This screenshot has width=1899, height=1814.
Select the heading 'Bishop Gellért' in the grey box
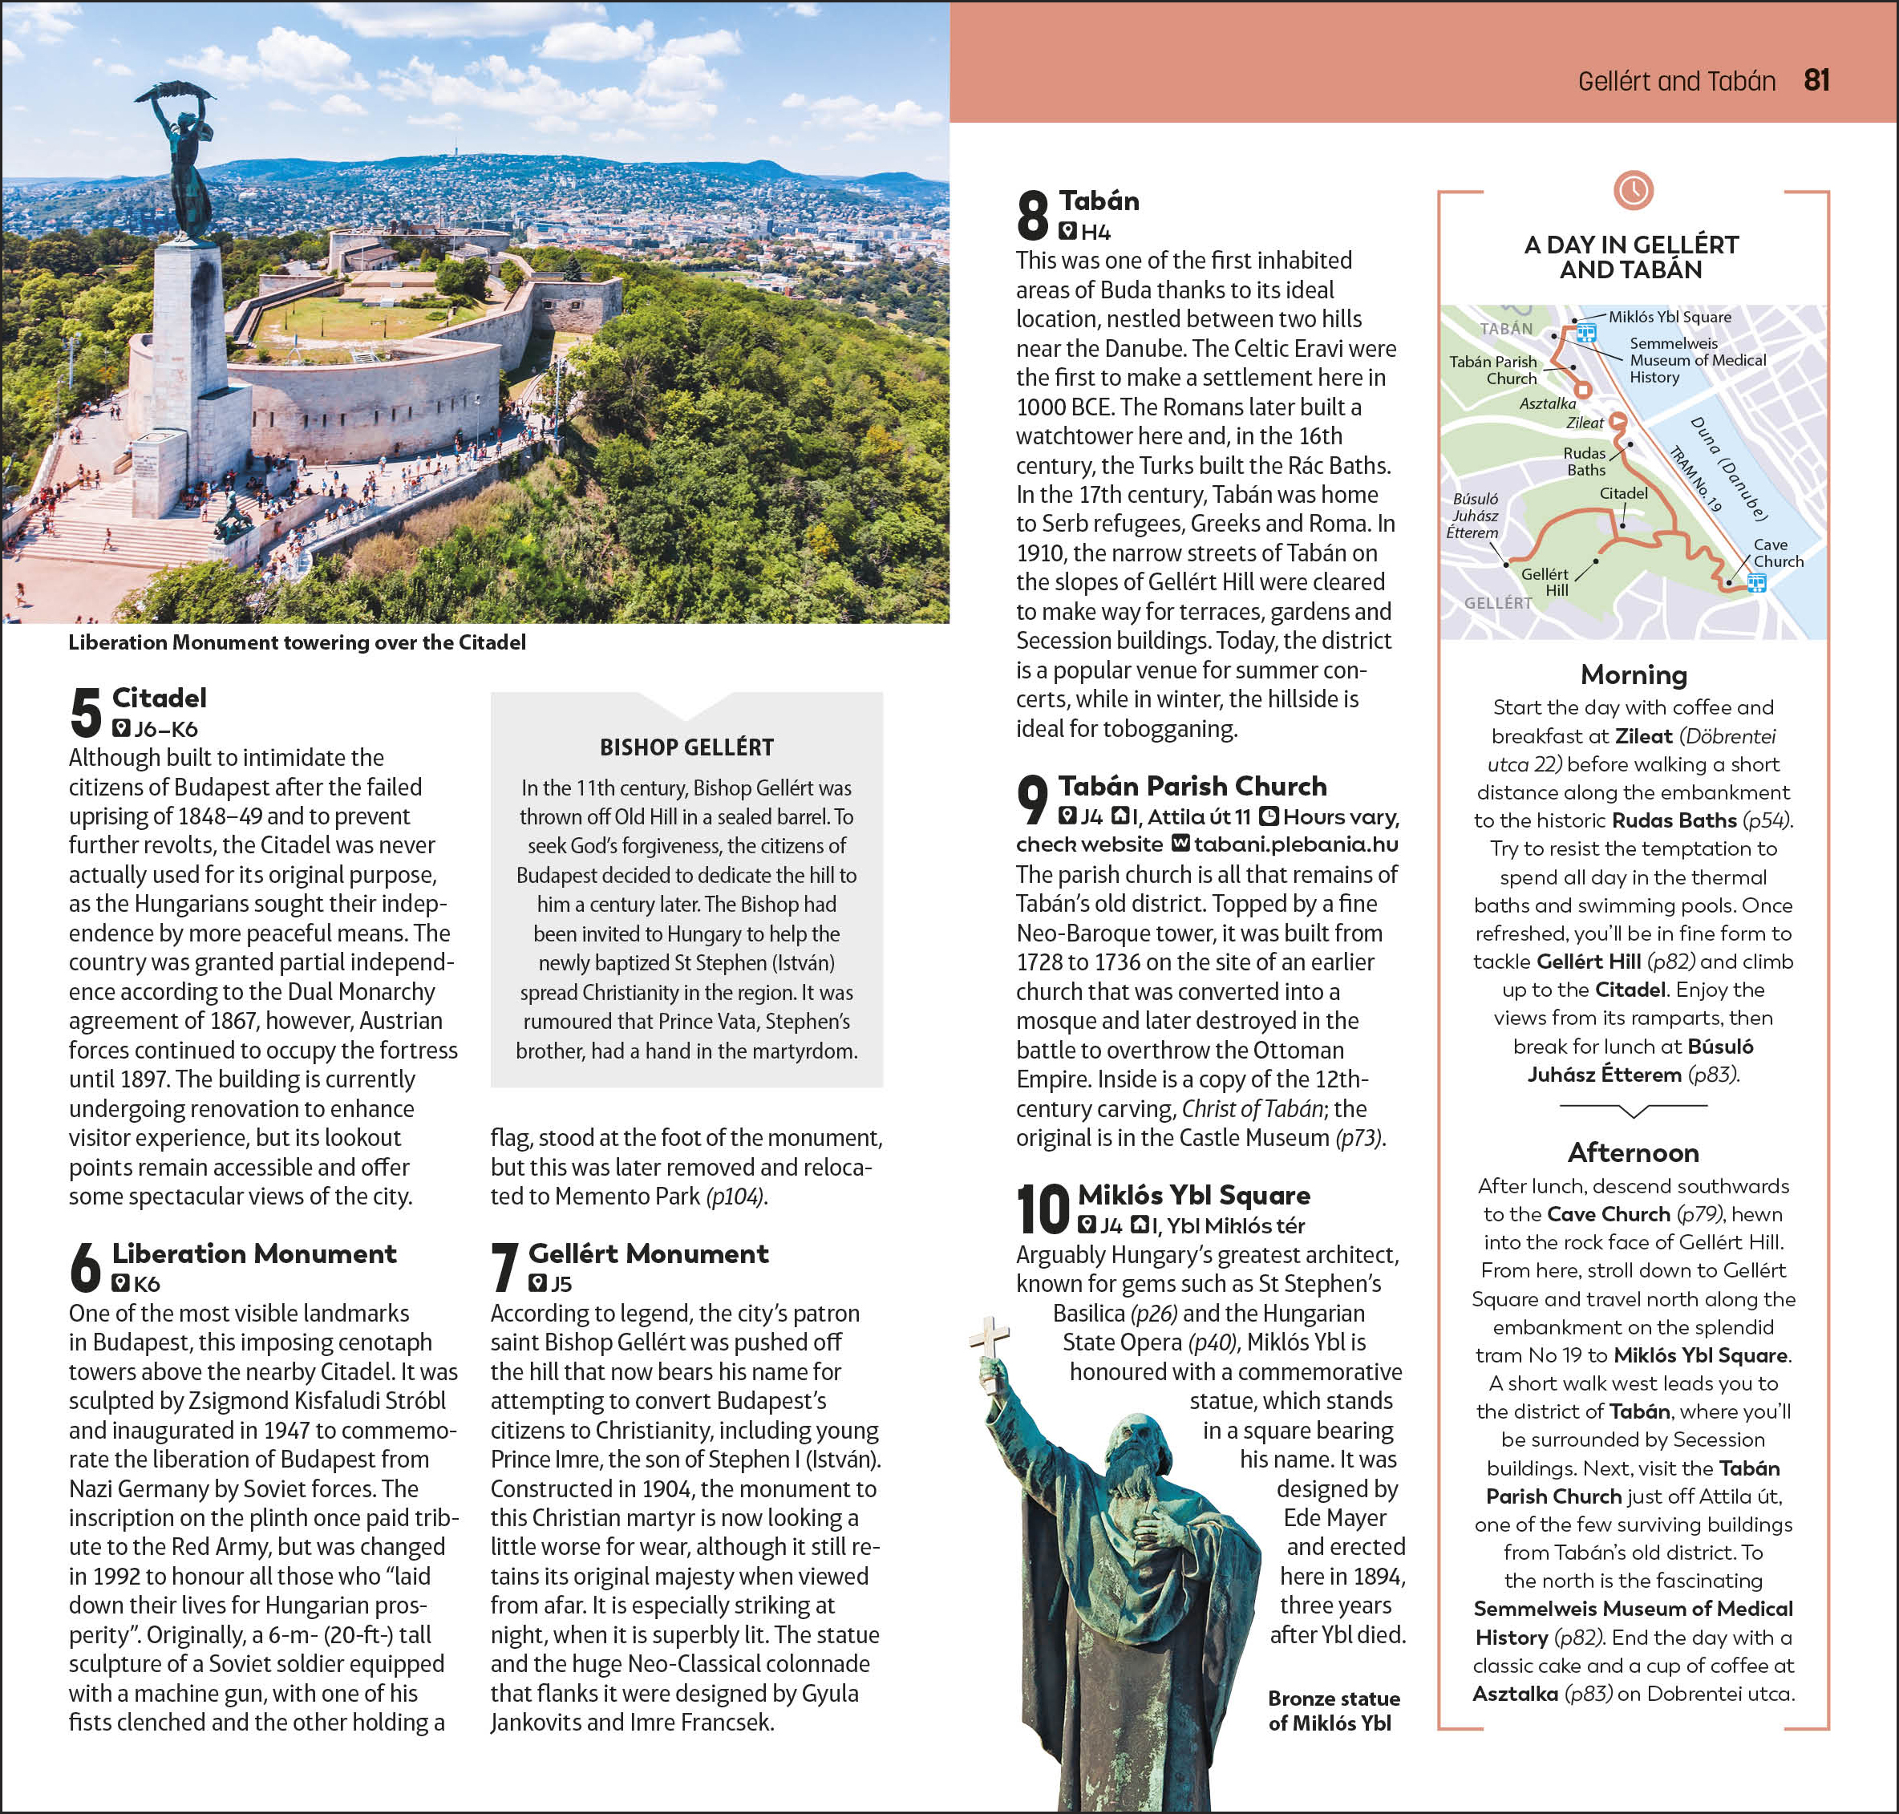(x=686, y=747)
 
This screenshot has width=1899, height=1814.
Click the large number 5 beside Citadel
(x=85, y=713)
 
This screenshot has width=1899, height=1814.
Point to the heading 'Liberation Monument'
(x=253, y=1253)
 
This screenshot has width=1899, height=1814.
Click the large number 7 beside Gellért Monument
(x=504, y=1267)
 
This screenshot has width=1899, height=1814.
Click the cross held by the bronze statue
(x=991, y=1350)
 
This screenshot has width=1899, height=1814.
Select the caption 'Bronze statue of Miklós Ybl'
(x=1334, y=1711)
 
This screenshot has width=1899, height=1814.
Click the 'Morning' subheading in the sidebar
(x=1633, y=674)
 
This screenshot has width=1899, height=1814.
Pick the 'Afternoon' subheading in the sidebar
(x=1633, y=1152)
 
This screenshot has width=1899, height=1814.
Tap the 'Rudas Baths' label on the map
(x=1585, y=461)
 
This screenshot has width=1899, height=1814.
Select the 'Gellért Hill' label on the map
(x=1545, y=581)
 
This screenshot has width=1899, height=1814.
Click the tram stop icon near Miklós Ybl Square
(x=1585, y=334)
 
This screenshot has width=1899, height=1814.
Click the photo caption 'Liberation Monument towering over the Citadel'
(x=297, y=642)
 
